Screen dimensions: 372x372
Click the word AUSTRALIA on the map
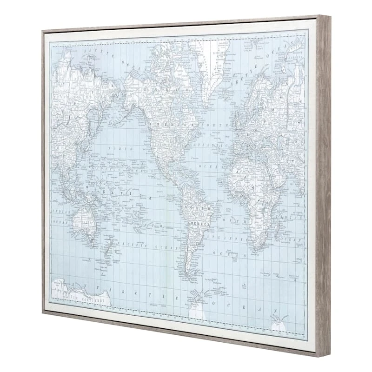pyautogui.click(x=83, y=223)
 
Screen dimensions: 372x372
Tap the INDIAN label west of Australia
pyautogui.click(x=61, y=212)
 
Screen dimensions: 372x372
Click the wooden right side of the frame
pyautogui.click(x=323, y=186)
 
